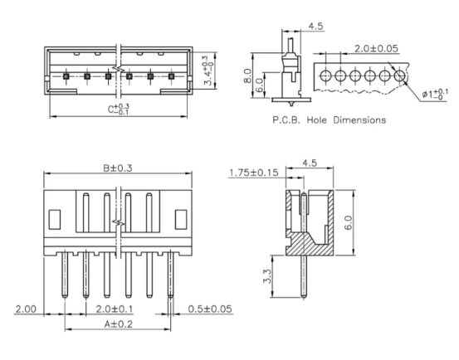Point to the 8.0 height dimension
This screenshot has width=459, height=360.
(257, 76)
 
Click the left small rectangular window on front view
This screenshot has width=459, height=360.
(56, 218)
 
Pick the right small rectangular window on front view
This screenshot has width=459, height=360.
(179, 218)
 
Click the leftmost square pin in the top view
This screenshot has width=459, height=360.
(66, 76)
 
